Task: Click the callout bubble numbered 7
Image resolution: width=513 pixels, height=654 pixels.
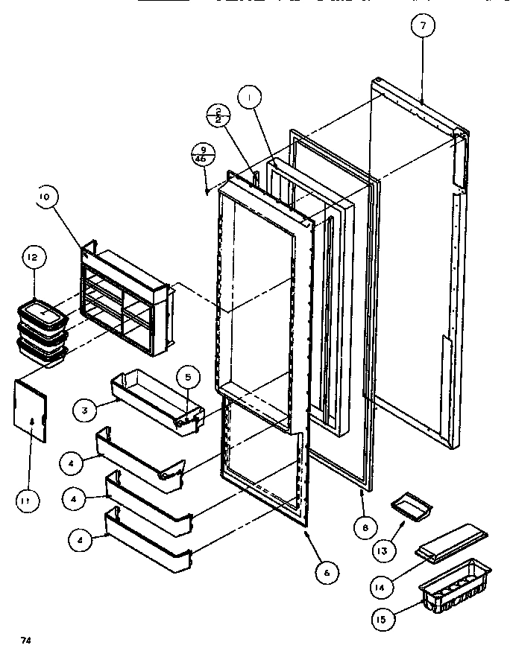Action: [x=423, y=26]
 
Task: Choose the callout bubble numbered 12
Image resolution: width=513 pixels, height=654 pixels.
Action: [x=33, y=258]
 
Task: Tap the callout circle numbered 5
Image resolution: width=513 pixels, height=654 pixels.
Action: [x=187, y=378]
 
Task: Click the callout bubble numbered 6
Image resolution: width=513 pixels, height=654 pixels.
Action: [x=326, y=572]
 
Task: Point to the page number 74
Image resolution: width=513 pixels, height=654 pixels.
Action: [x=25, y=639]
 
